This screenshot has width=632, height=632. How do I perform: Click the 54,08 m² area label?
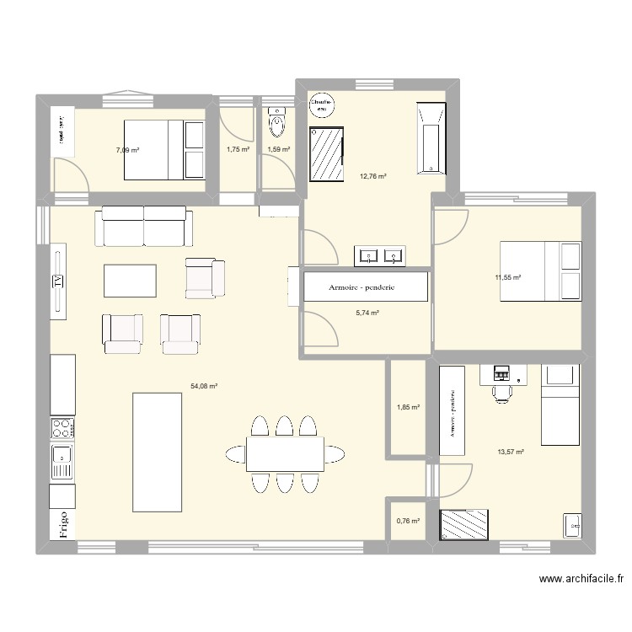click(204, 386)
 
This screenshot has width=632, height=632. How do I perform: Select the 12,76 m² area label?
click(373, 176)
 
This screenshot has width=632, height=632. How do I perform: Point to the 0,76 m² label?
click(408, 521)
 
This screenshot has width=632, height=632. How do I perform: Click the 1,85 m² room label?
click(408, 407)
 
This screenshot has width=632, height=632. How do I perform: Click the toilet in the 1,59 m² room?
click(277, 123)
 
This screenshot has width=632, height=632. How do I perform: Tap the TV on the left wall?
click(58, 282)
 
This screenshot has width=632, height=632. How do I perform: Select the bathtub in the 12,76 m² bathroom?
click(430, 138)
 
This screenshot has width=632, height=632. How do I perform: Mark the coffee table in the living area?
click(130, 281)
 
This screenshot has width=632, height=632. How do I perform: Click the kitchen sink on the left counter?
click(62, 462)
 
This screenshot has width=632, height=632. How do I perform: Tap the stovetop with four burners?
click(62, 428)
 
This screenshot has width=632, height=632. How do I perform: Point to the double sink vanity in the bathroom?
click(380, 254)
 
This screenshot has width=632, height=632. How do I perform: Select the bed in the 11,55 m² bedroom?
click(540, 270)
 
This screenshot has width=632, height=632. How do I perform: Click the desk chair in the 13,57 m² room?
click(502, 391)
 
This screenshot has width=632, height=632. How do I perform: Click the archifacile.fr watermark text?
click(581, 580)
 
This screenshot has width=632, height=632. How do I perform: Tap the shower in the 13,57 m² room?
click(463, 524)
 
